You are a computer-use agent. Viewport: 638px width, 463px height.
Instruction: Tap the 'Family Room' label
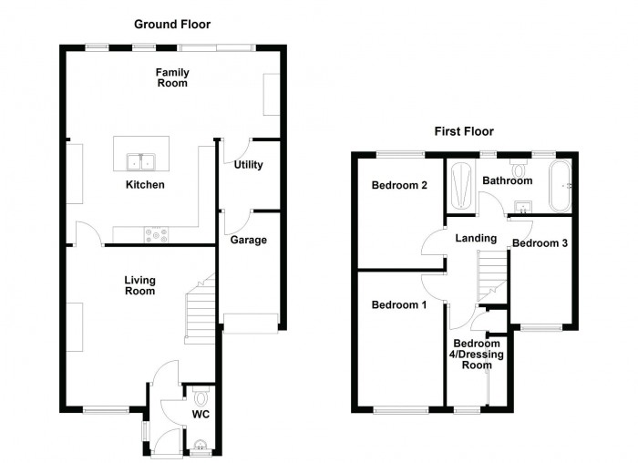[170, 77]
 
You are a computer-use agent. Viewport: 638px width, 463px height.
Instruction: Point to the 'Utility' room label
[248, 165]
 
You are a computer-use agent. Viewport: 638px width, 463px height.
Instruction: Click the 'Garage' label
[248, 240]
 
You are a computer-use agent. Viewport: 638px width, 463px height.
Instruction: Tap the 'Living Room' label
[139, 285]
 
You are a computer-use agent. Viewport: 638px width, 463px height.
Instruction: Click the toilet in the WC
[201, 397]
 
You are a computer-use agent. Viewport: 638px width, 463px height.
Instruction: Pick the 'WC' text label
[201, 416]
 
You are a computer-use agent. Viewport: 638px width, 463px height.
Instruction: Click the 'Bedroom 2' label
[399, 186]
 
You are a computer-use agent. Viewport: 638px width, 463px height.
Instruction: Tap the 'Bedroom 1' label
[398, 304]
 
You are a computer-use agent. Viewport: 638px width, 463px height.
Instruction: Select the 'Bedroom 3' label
[540, 243]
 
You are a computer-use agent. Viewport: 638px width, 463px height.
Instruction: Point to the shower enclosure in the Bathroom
[460, 186]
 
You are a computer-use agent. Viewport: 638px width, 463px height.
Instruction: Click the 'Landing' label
[476, 239]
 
